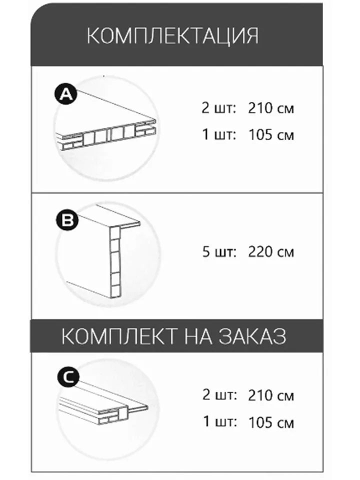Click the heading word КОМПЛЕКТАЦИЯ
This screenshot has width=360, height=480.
[x=173, y=36]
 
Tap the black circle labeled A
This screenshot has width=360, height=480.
[x=65, y=94]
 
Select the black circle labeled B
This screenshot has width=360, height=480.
[x=67, y=220]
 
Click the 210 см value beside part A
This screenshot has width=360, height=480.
[x=271, y=108]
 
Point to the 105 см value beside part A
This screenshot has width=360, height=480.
[x=271, y=134]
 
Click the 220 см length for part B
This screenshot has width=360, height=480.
[x=271, y=251]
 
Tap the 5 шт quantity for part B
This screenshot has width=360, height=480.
[x=219, y=251]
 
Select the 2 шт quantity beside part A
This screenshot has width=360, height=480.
[x=219, y=108]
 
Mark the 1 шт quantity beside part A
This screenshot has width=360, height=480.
[x=219, y=134]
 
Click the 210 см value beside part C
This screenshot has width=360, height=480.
[x=271, y=395]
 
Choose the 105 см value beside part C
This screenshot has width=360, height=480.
[x=271, y=422]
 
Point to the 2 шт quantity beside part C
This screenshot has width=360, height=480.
[x=219, y=395]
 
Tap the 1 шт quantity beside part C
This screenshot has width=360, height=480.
[x=220, y=422]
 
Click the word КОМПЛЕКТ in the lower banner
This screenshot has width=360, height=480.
[x=119, y=336]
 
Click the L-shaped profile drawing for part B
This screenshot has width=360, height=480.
[x=103, y=251]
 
